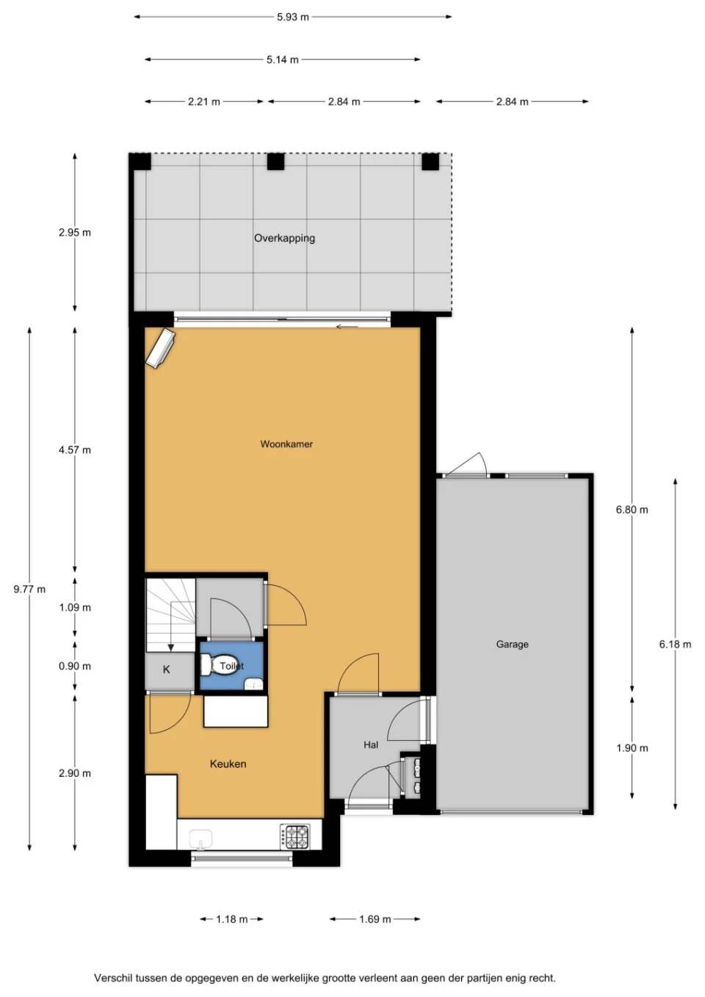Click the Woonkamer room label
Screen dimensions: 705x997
286,443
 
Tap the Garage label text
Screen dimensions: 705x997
513,644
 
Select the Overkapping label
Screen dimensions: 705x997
284,238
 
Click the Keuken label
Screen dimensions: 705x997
228,764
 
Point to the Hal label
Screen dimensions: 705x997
371,744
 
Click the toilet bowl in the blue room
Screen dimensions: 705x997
220,665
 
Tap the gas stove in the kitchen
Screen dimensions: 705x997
295,836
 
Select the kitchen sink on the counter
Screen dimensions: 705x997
200,839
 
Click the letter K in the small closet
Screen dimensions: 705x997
167,669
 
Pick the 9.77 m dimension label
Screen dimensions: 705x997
30,590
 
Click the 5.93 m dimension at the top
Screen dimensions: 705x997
293,18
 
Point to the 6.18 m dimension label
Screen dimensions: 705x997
675,644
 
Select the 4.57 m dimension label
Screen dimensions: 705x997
75,450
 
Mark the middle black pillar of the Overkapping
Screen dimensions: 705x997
275,162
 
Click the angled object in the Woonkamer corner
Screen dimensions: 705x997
160,349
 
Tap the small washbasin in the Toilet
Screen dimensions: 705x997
254,684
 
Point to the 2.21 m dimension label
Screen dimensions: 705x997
204,102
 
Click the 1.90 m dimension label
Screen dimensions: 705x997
632,748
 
